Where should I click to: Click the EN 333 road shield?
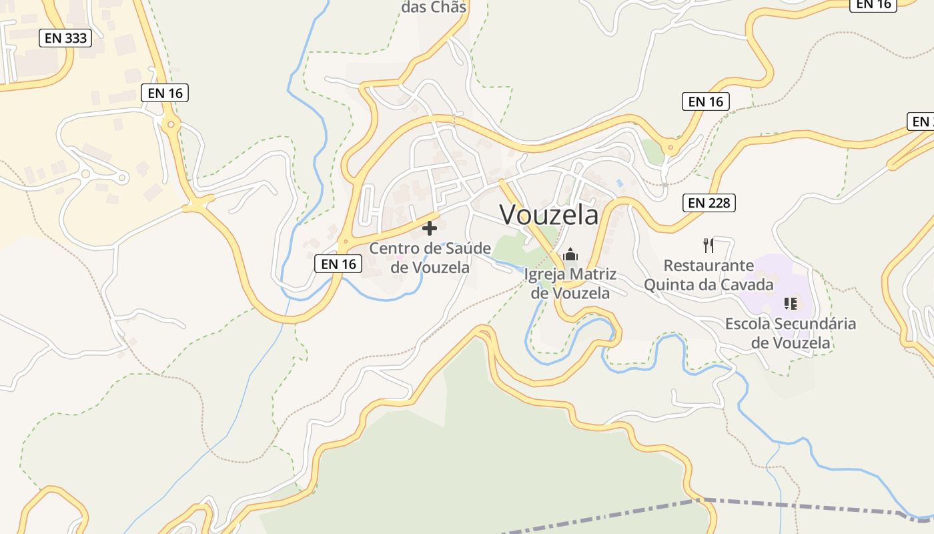pos(65,38)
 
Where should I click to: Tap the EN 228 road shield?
pos(709,202)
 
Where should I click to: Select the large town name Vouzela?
pos(549,215)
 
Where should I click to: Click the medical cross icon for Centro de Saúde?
pos(430,228)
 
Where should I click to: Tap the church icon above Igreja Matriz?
pos(570,254)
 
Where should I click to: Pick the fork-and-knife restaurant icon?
pos(709,245)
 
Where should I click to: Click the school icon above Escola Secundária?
pos(791,304)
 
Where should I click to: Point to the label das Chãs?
pos(434,7)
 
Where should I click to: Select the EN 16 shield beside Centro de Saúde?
pos(338,264)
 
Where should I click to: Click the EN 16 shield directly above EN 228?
pos(705,101)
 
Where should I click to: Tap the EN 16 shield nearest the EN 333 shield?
pos(165,93)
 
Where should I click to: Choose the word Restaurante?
pos(709,266)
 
